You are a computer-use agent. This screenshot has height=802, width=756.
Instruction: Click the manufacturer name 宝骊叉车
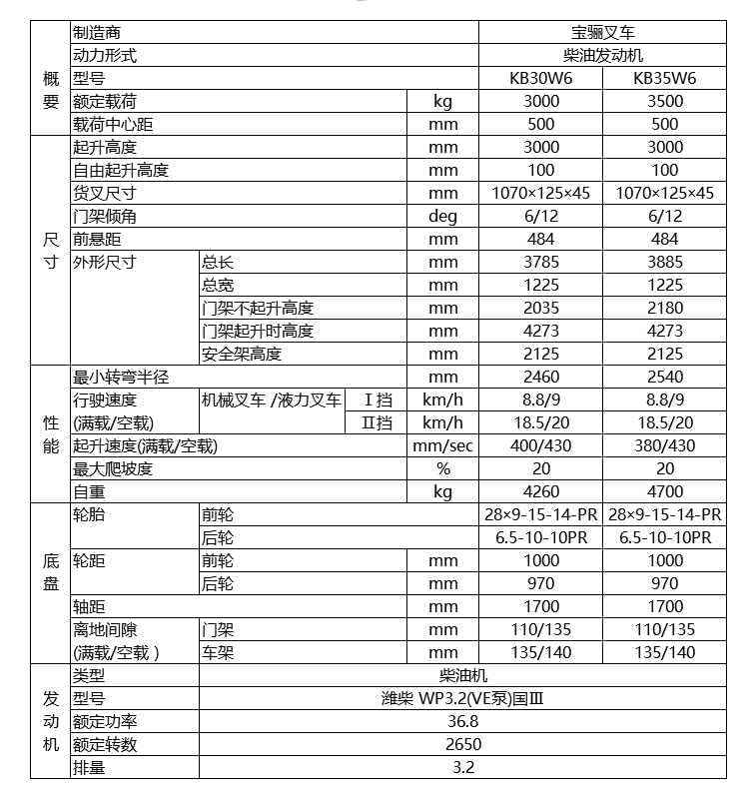pyautogui.click(x=602, y=32)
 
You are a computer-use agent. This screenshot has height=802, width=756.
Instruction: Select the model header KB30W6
pyautogui.click(x=540, y=78)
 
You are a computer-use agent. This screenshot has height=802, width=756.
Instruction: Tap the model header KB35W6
pyautogui.click(x=664, y=78)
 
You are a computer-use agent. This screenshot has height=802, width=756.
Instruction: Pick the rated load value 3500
pyautogui.click(x=664, y=101)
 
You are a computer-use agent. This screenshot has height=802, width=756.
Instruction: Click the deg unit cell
pyautogui.click(x=442, y=216)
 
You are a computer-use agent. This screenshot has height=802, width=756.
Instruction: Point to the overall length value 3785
pyautogui.click(x=540, y=262)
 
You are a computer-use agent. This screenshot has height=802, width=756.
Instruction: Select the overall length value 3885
pyautogui.click(x=664, y=262)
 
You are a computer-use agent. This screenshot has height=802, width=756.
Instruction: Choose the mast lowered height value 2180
pyautogui.click(x=664, y=308)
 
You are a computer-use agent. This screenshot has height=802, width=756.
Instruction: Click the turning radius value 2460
pyautogui.click(x=540, y=377)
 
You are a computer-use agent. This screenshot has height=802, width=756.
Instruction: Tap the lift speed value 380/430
pyautogui.click(x=664, y=445)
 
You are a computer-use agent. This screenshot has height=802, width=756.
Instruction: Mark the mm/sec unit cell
pyautogui.click(x=442, y=445)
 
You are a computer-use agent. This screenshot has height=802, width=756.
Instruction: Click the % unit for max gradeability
pyautogui.click(x=442, y=468)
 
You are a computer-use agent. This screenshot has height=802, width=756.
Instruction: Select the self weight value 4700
pyautogui.click(x=664, y=491)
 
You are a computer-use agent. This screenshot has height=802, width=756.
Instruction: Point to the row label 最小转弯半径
pyautogui.click(x=121, y=377)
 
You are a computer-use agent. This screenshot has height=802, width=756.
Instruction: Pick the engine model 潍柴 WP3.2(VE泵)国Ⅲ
pyautogui.click(x=461, y=698)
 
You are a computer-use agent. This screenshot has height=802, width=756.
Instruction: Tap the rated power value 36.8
pyautogui.click(x=461, y=721)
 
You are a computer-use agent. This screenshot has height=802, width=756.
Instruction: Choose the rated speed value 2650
pyautogui.click(x=461, y=744)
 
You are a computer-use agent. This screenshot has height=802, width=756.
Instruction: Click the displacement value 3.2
pyautogui.click(x=461, y=767)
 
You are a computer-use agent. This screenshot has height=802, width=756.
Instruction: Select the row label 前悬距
pyautogui.click(x=97, y=239)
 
